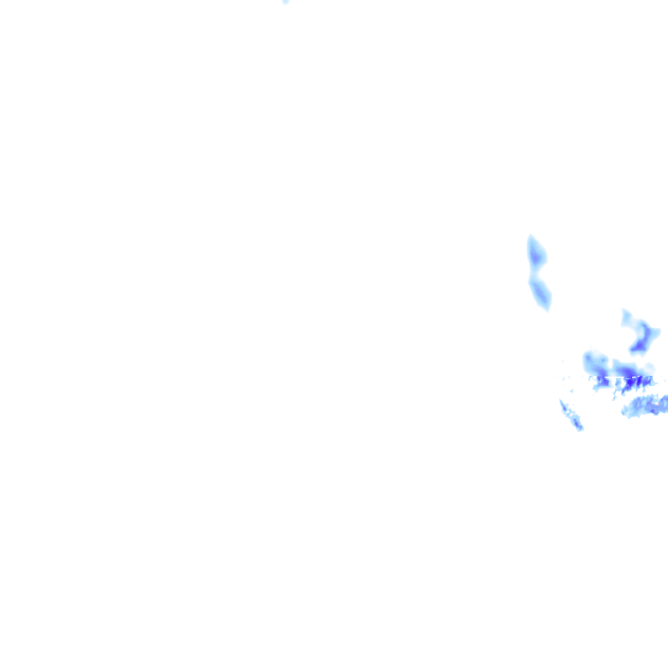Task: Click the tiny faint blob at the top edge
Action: [285, 2]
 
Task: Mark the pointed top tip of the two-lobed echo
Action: [531, 237]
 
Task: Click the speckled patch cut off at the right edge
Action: [648, 405]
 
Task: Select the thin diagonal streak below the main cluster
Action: [571, 415]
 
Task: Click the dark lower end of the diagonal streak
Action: [578, 425]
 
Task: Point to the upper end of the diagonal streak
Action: [562, 403]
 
